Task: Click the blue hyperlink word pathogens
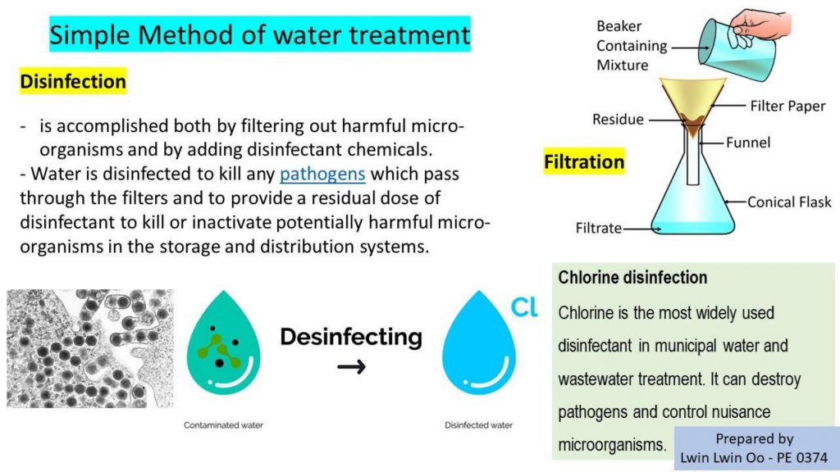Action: coord(322,175)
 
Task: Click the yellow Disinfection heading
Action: coord(73,81)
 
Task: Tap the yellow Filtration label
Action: coord(584,161)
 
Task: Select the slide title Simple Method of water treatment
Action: coord(260,34)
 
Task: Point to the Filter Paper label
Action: coord(787,106)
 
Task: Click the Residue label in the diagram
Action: coord(618,120)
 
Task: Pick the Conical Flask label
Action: coord(789,202)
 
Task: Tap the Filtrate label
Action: coord(598,229)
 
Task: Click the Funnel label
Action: coord(748,143)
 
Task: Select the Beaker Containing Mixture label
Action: coord(632,46)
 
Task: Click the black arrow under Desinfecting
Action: coord(351,367)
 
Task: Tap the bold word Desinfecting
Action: coord(351,337)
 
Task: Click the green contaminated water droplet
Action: coord(223,343)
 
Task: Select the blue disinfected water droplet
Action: coord(478,343)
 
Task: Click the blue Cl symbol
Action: coord(524,307)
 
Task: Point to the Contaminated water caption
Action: coord(223,425)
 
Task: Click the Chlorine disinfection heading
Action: coord(632,277)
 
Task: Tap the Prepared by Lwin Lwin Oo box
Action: coord(755,448)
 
